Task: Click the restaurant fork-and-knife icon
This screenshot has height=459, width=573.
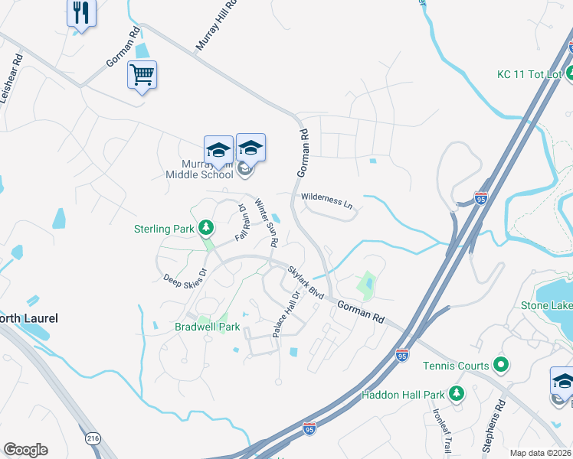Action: point(80,13)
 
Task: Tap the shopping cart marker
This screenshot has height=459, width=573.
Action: point(142,75)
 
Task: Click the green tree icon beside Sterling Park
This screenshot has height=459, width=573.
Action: point(205,228)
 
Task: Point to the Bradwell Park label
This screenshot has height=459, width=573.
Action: point(208,327)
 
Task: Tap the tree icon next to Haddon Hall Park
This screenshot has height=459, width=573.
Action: point(457,394)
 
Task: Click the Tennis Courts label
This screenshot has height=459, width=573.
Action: point(456,366)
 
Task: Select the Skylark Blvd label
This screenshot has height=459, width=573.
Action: point(306,281)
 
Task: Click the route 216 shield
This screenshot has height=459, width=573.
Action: point(93,438)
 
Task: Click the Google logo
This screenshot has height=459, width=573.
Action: point(25,450)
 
